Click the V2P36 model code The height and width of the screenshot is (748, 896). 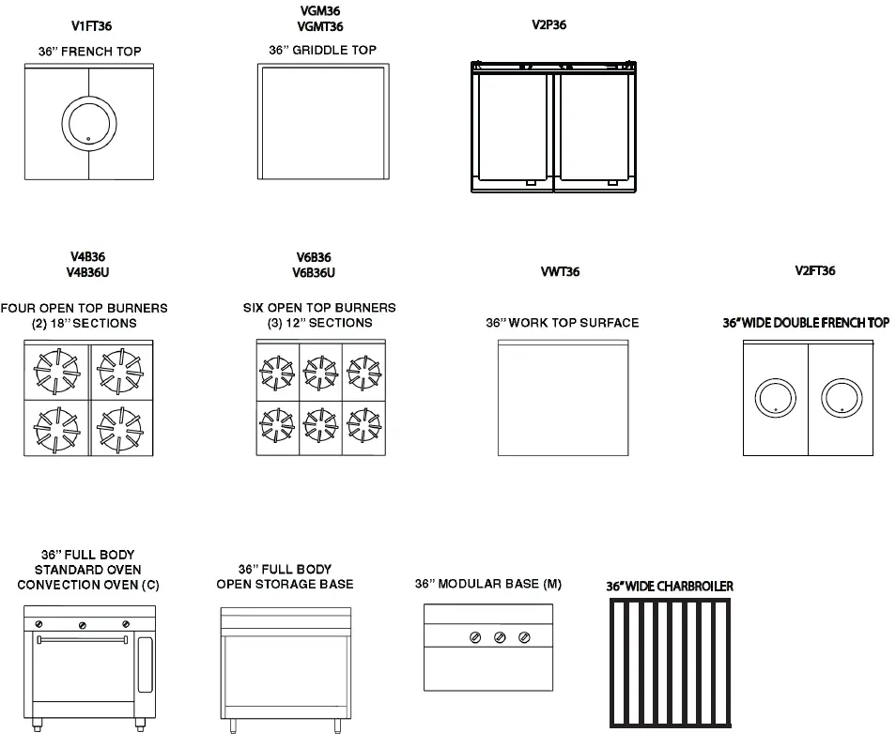(548, 25)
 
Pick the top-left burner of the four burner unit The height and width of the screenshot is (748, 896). (56, 372)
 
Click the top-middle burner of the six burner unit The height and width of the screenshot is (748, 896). (320, 373)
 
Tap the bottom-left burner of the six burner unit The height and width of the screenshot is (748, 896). (277, 426)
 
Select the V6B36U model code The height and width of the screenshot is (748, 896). (314, 272)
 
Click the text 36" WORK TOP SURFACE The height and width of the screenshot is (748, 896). (562, 323)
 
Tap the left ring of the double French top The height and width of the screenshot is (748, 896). (776, 397)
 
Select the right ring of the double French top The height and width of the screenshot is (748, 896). (842, 397)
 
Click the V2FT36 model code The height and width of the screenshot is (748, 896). (814, 271)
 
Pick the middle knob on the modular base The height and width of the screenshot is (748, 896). (500, 638)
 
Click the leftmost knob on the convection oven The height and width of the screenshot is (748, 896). (39, 624)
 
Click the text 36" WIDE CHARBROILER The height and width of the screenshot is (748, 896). (670, 587)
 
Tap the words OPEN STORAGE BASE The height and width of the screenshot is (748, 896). (285, 584)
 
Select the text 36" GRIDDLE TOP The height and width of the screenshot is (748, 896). (322, 50)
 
